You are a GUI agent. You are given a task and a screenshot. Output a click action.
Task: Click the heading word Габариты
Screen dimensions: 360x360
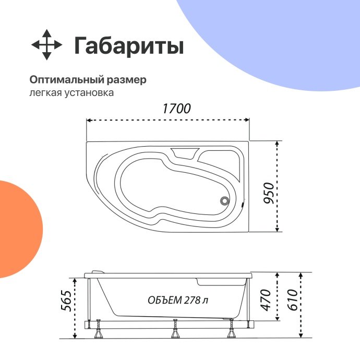point(128,46)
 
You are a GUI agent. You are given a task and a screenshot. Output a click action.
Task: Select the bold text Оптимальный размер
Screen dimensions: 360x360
point(88,80)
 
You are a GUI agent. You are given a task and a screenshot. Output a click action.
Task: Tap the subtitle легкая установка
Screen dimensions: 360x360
point(71,93)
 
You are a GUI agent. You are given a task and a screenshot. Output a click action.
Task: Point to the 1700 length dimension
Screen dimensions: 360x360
point(176,109)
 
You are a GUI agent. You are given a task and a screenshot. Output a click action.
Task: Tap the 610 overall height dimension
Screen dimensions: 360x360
point(292,301)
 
